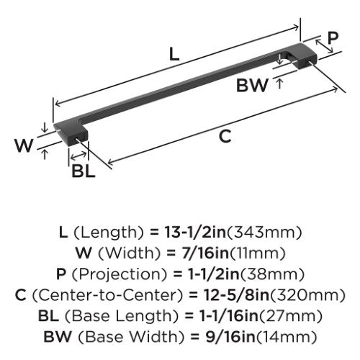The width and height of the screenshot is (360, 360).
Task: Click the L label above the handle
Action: (174, 54)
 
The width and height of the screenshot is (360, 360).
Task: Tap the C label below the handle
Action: (225, 136)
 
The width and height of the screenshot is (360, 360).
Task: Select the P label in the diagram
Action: (333, 37)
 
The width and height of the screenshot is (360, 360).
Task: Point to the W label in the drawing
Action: (24, 145)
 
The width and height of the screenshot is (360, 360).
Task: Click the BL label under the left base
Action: (84, 171)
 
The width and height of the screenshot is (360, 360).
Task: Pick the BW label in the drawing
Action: (252, 85)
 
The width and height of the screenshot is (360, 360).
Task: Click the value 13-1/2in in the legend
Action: (195, 233)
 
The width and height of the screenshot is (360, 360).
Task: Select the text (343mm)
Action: (264, 233)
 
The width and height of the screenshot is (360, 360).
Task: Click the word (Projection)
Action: (120, 274)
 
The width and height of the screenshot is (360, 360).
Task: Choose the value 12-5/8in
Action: (236, 295)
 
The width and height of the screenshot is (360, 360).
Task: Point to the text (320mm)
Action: (307, 295)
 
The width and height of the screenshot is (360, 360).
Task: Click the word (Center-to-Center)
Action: (107, 295)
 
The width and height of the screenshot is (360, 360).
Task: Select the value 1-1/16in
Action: (229, 316)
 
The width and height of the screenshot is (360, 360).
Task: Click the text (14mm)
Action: (286, 336)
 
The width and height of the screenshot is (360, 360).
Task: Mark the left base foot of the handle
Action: (71, 134)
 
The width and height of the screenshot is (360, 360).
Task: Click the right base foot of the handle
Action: (303, 55)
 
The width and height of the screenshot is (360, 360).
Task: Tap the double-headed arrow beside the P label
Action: (324, 46)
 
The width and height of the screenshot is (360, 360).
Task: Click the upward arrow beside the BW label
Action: (279, 84)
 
